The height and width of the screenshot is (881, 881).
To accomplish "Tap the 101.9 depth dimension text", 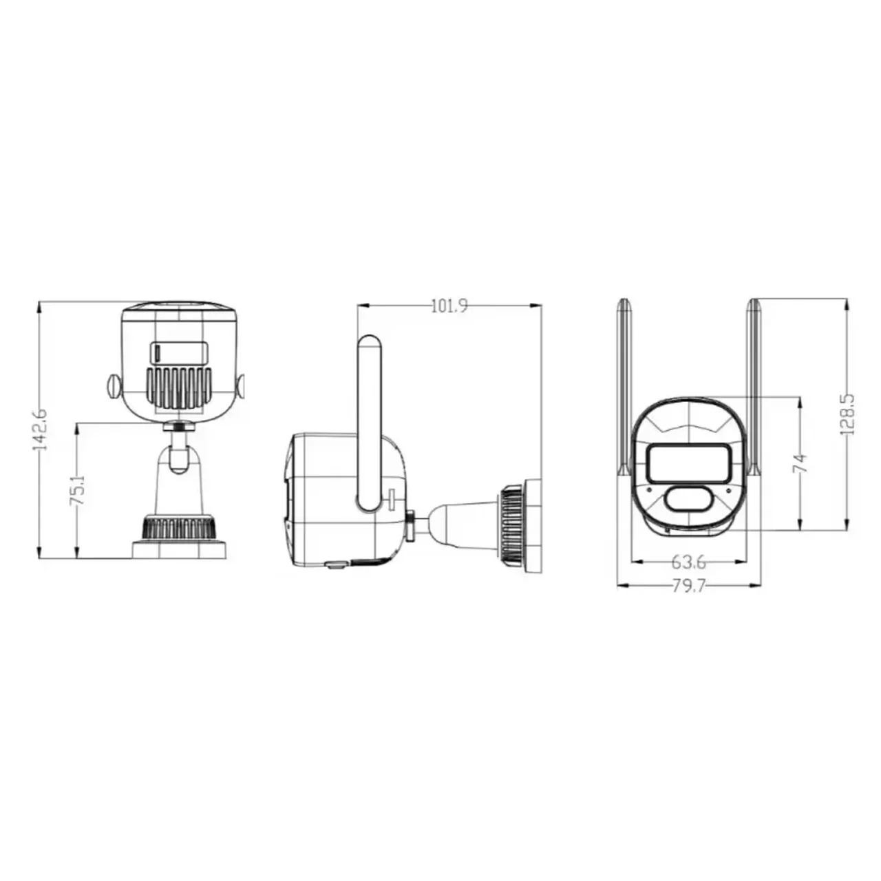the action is coord(449,306).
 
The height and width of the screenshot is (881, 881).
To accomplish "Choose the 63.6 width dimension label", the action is coord(689,562).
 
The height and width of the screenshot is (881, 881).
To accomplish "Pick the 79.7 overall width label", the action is coord(689,586).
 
